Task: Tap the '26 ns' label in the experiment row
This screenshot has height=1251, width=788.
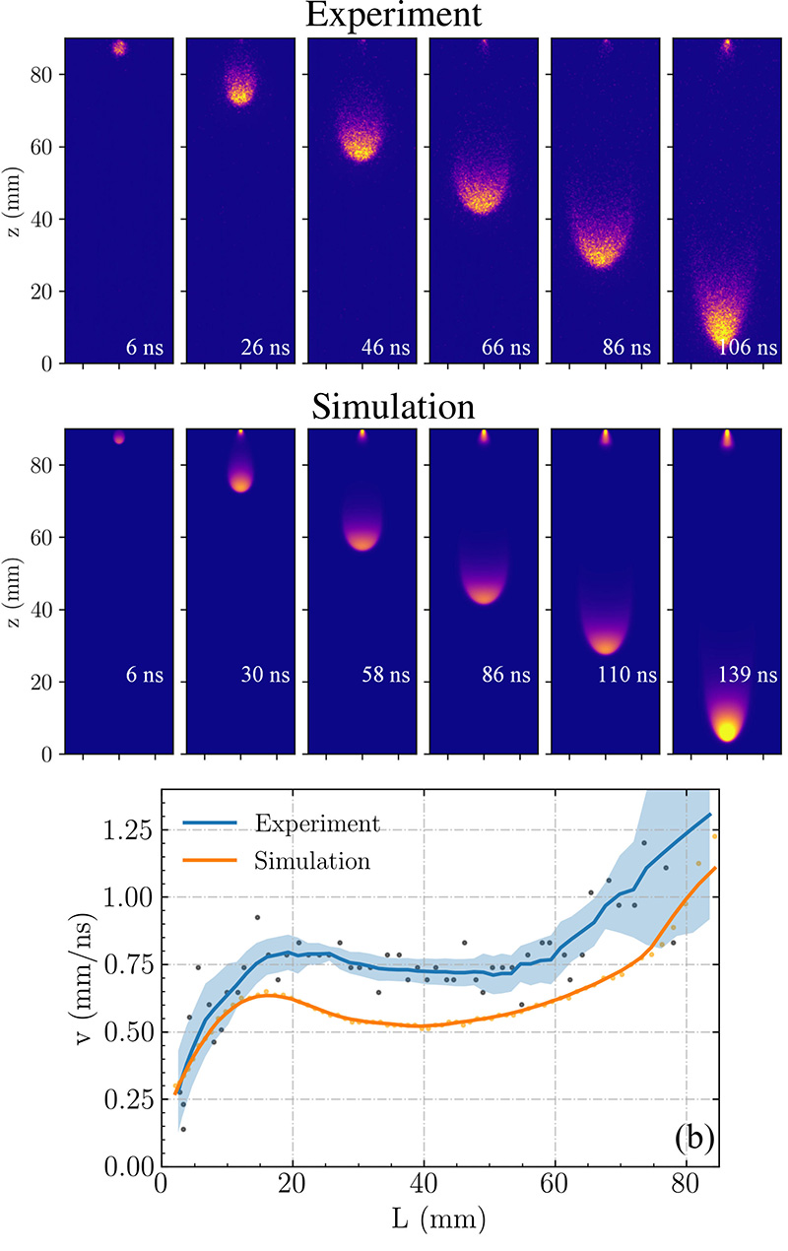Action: click(x=261, y=347)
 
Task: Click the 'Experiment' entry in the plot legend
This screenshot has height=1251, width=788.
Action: click(x=315, y=823)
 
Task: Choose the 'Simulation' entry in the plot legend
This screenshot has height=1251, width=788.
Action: click(x=312, y=860)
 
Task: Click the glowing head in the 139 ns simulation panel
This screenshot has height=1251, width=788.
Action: click(x=727, y=730)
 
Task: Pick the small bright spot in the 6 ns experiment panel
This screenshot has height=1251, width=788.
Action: click(x=119, y=47)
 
